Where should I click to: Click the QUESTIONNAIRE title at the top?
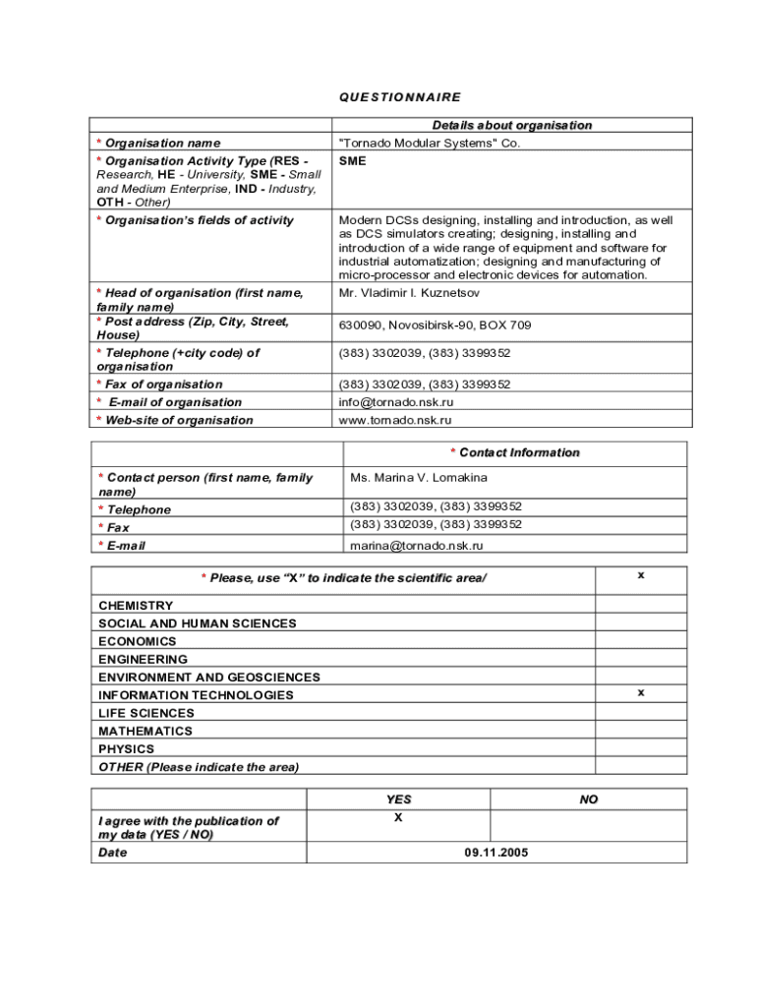(400, 97)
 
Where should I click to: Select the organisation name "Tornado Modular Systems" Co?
(430, 143)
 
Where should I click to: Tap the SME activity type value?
(352, 160)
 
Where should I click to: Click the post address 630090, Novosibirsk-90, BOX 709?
(435, 326)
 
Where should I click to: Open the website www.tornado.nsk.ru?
(395, 420)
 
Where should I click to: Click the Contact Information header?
(515, 452)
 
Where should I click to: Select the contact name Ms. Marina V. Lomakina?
(419, 478)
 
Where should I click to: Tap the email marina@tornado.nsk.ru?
(417, 546)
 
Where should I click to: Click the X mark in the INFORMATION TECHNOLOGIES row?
(641, 692)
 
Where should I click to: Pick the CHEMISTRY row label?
(136, 606)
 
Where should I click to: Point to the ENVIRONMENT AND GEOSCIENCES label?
(209, 678)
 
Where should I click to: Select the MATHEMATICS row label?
(146, 731)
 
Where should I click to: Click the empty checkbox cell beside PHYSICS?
(641, 748)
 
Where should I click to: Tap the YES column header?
(398, 800)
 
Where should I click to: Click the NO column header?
(589, 800)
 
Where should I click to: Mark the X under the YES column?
(398, 817)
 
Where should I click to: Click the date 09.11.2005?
(496, 853)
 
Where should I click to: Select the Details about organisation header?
(512, 125)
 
